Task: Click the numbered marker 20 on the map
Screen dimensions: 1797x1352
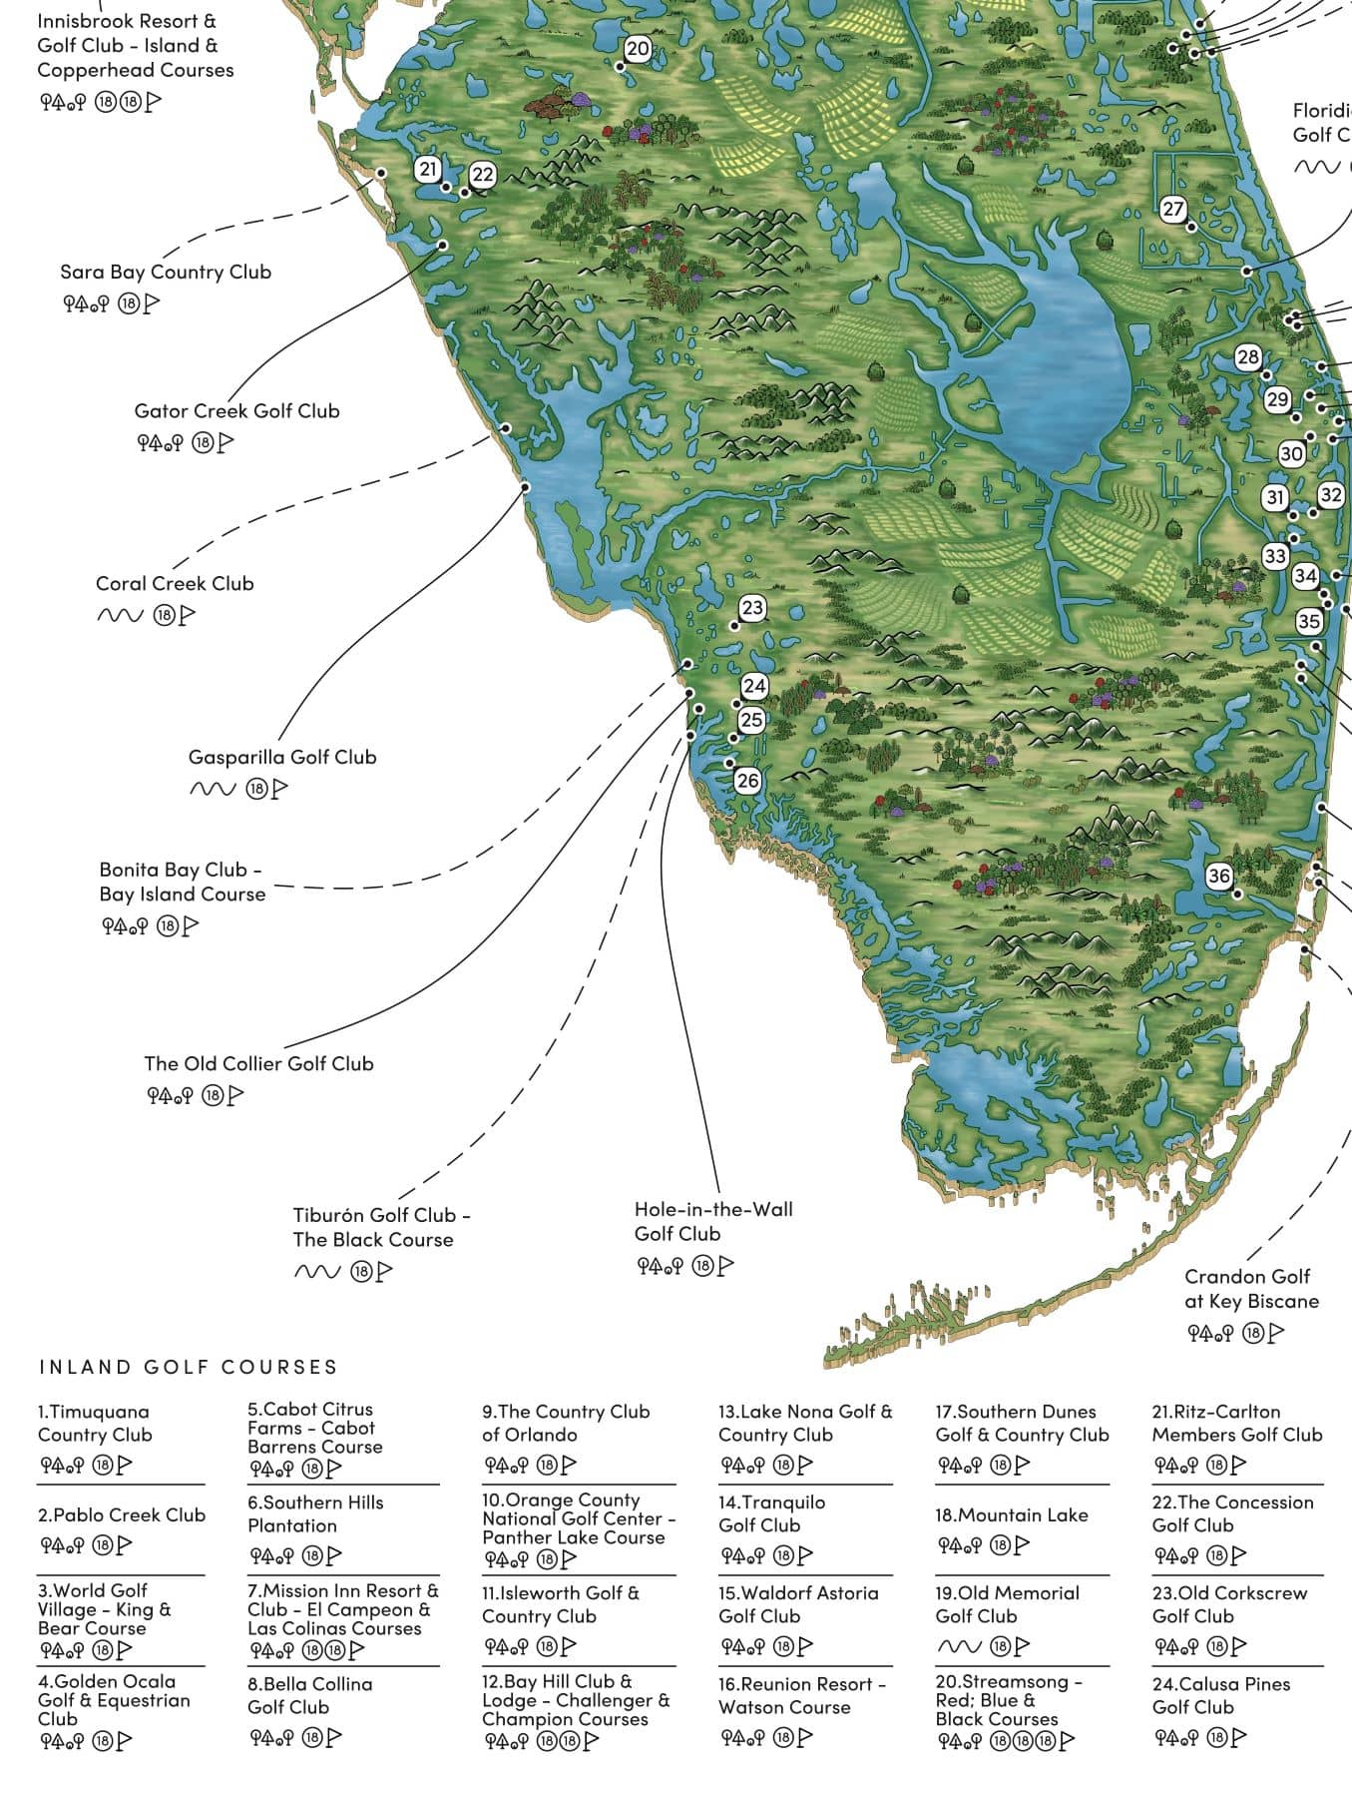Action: pyautogui.click(x=638, y=49)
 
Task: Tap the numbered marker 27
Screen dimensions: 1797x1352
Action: pyautogui.click(x=1173, y=209)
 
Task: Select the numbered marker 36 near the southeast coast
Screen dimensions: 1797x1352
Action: pyautogui.click(x=1219, y=876)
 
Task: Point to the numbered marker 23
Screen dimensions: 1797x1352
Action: pyautogui.click(x=752, y=608)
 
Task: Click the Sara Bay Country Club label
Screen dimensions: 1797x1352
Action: pyautogui.click(x=166, y=272)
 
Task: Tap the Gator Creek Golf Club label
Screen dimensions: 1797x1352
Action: pyautogui.click(x=236, y=410)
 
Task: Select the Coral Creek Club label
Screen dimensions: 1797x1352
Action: pyautogui.click(x=175, y=583)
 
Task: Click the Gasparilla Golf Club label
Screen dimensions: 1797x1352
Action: pyautogui.click(x=282, y=757)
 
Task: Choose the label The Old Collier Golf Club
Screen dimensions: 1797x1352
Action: pyautogui.click(x=258, y=1063)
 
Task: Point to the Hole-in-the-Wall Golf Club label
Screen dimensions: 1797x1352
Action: pyautogui.click(x=712, y=1221)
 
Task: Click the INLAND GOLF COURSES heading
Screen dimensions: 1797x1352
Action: pyautogui.click(x=188, y=1367)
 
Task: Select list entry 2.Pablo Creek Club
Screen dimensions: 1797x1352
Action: pyautogui.click(x=121, y=1514)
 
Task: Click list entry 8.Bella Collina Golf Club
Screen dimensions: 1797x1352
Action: pyautogui.click(x=309, y=1695)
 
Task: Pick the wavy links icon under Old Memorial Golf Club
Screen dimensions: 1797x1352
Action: pyautogui.click(x=959, y=1646)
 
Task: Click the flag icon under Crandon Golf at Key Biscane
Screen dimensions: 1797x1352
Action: pyautogui.click(x=1276, y=1332)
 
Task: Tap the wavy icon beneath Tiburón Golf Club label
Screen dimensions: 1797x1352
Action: pyautogui.click(x=316, y=1271)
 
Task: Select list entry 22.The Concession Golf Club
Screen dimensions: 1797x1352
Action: pyautogui.click(x=1232, y=1513)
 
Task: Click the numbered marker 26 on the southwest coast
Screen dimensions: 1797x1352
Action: pyautogui.click(x=747, y=781)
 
